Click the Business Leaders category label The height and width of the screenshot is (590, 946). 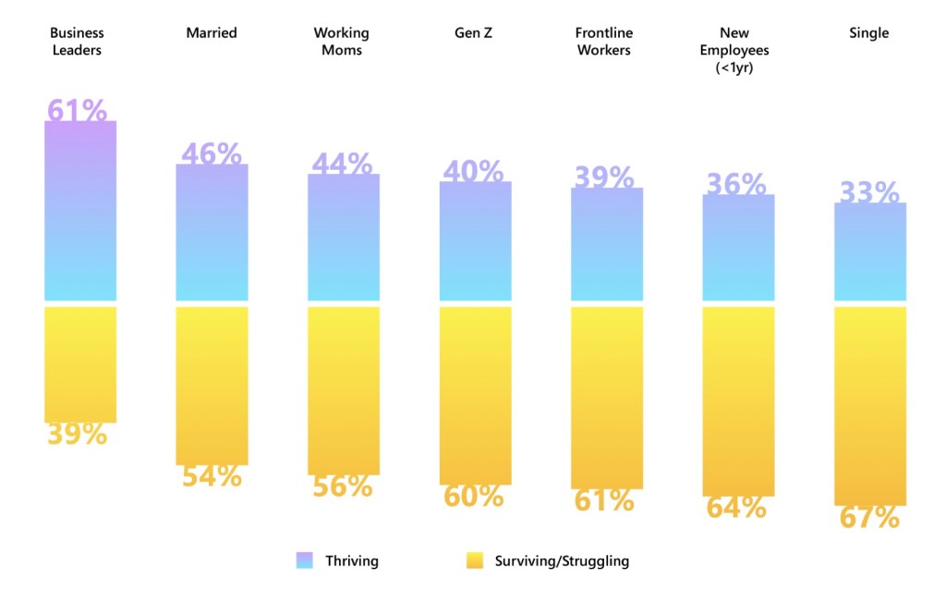point(77,42)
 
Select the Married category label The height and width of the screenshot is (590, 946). point(212,33)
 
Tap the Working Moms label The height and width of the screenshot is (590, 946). point(341,42)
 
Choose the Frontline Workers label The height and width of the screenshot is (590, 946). point(604,42)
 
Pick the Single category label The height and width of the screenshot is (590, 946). point(868,33)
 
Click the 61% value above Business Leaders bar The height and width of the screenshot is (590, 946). point(78,110)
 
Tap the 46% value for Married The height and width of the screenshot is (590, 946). point(212,154)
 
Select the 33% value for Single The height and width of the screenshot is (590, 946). point(869,192)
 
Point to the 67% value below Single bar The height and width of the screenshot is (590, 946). point(869,517)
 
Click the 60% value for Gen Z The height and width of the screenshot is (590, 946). point(474,497)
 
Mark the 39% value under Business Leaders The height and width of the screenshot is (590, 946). point(78,434)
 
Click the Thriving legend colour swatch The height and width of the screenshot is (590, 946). point(305,560)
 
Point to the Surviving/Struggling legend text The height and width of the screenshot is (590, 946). point(562,560)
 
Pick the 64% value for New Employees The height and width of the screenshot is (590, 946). point(736,508)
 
